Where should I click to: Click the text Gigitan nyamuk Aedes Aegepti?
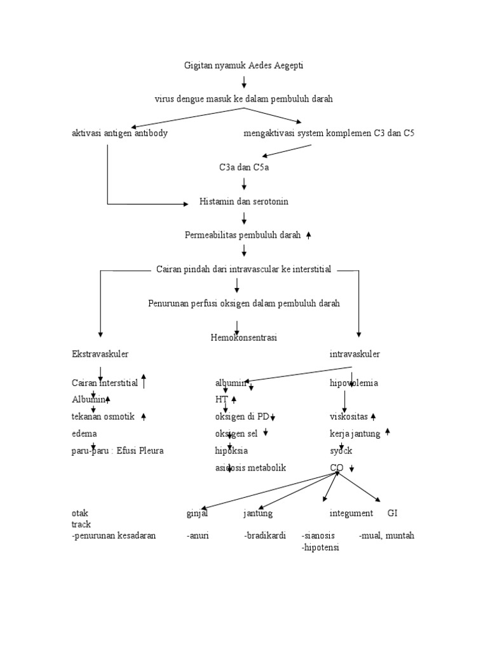coord(244,65)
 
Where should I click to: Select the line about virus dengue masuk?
coord(244,99)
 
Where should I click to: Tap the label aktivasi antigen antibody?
coord(120,134)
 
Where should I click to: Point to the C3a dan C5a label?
coord(244,168)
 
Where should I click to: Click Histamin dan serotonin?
coord(244,202)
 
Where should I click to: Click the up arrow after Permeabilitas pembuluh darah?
coord(309,235)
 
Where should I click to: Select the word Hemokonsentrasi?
coord(244,338)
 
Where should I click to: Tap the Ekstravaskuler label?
coord(104,353)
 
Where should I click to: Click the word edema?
coord(85,434)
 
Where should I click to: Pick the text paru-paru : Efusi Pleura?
coord(118,451)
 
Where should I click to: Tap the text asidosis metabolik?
coord(250,467)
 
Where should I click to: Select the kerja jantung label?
coord(355,434)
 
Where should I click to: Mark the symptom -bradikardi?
coord(261,535)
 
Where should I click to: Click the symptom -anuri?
coord(198,535)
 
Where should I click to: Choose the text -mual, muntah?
coord(386,535)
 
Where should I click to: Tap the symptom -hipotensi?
coord(321,547)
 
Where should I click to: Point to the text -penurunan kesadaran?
coord(114,535)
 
